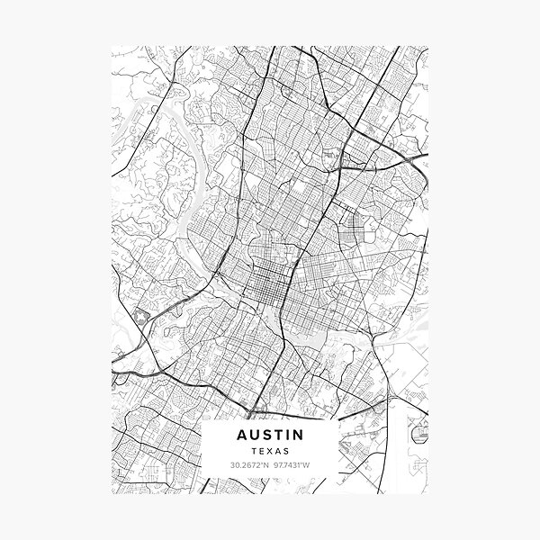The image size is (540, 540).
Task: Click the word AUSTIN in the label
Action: (x=270, y=434)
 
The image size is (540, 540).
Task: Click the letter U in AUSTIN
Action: (x=254, y=434)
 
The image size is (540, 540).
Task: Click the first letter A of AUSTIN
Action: (x=241, y=434)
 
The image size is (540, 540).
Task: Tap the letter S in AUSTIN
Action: (x=266, y=434)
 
